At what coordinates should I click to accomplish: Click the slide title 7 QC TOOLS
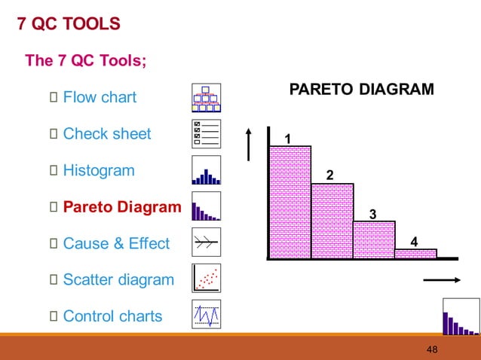(69, 24)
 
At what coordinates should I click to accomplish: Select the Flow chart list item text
(100, 97)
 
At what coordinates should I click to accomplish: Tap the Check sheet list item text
(107, 134)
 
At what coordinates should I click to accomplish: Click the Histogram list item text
(99, 170)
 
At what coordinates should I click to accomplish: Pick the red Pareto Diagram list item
(122, 207)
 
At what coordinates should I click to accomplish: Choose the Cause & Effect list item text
(116, 243)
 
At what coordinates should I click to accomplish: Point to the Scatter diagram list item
(118, 280)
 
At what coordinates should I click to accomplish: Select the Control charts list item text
(112, 316)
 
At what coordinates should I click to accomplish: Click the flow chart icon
(206, 98)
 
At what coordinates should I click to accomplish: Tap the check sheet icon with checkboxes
(206, 134)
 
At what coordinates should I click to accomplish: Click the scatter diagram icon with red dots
(206, 279)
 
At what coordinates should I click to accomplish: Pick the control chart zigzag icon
(206, 314)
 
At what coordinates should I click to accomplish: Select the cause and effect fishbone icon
(206, 243)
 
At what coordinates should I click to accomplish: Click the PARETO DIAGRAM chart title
(362, 90)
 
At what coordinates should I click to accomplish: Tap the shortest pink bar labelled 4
(415, 253)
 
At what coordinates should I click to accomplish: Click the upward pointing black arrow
(248, 143)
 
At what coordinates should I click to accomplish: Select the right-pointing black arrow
(442, 280)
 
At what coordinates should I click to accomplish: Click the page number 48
(432, 349)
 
